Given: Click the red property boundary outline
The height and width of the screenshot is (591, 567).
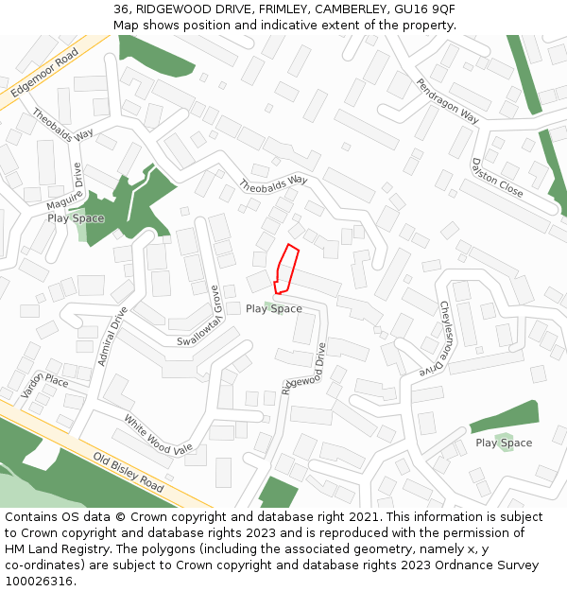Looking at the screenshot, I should pos(286,269).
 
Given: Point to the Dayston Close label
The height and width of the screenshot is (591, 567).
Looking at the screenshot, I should pos(497,177).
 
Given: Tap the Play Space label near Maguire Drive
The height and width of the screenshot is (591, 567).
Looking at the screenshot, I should pos(76,218).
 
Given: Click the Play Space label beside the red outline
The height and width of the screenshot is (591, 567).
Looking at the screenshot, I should pos(274,309).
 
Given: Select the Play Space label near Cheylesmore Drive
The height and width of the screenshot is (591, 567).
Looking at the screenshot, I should pos(504,443).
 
